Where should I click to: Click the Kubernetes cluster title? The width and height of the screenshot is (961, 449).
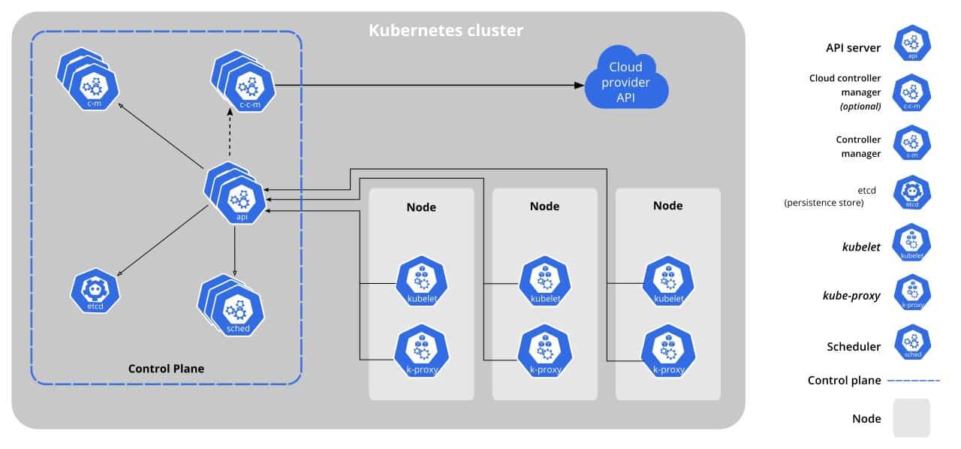point(446,32)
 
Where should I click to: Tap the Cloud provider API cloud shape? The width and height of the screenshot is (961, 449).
point(625,77)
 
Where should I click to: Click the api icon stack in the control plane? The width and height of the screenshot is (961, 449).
point(239,197)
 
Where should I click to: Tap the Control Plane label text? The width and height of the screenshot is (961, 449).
point(166,369)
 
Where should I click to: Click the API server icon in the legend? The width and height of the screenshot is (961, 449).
point(912,43)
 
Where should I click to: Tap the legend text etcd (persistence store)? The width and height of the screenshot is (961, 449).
point(824,197)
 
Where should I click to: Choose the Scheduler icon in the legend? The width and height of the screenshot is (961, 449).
point(912,342)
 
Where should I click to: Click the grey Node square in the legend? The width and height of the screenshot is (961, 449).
point(911,417)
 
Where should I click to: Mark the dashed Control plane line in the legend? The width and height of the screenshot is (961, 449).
point(914,381)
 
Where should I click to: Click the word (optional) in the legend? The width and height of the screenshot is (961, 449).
point(860,107)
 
